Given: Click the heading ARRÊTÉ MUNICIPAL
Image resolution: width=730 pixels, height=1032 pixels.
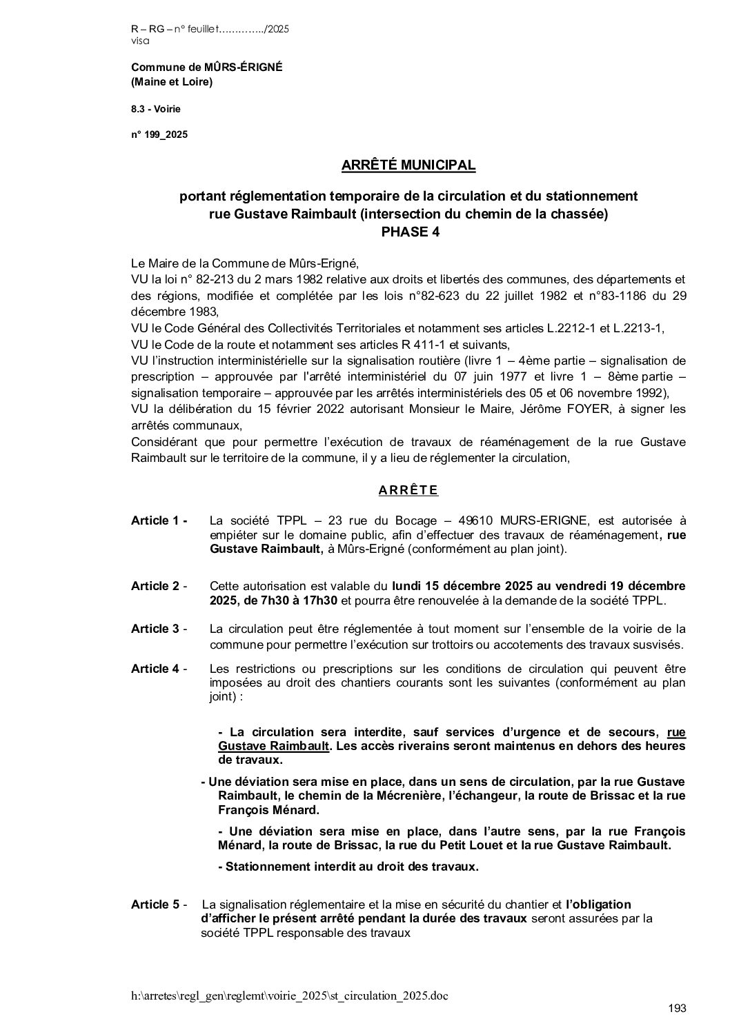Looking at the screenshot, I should (408, 165).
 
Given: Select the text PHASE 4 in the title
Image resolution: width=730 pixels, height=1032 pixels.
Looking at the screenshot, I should (411, 232).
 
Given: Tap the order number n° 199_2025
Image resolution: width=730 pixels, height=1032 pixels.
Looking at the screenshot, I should (159, 135).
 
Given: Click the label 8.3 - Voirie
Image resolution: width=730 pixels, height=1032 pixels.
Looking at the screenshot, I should (156, 109).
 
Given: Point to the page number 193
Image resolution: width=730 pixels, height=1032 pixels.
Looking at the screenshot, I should (678, 1009).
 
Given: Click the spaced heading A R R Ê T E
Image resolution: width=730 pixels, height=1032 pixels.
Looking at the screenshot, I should (408, 491).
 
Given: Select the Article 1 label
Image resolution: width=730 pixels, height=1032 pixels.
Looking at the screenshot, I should (159, 520).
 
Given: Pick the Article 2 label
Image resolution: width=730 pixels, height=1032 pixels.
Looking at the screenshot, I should (159, 586).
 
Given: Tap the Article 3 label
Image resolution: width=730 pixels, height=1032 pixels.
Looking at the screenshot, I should (159, 629).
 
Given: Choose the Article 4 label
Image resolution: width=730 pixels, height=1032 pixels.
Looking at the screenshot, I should (159, 669).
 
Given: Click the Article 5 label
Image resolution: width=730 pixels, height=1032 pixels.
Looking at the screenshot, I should (159, 904).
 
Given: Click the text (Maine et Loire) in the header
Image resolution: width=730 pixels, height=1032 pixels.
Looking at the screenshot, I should (172, 82).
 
